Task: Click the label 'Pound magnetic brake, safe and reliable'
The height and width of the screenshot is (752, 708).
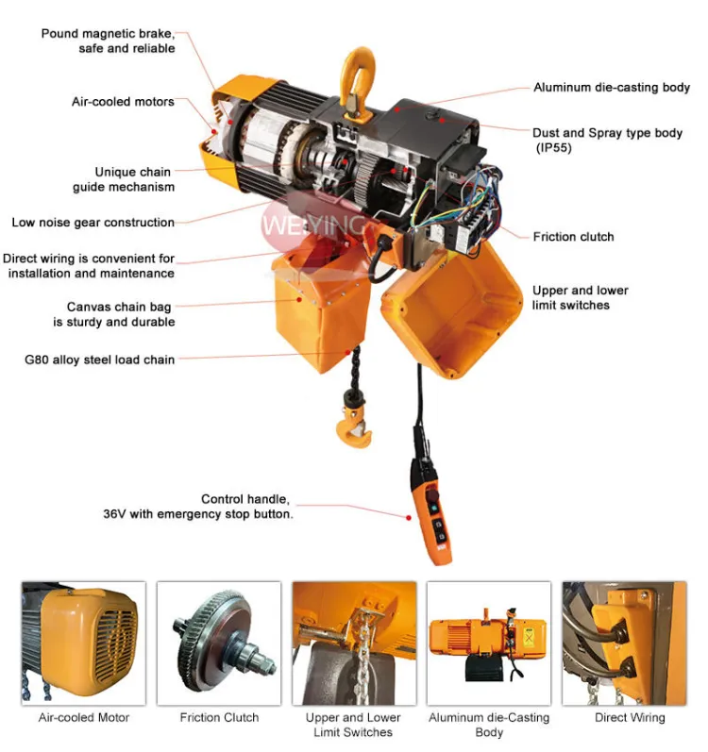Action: point(108,41)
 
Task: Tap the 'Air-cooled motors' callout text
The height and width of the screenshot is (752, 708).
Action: point(123,102)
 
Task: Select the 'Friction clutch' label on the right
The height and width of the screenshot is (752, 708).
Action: point(573,237)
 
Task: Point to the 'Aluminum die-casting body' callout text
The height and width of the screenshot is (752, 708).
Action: point(612,88)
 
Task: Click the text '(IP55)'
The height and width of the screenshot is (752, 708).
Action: point(553,148)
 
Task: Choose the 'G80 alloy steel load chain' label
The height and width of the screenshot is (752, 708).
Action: point(100,359)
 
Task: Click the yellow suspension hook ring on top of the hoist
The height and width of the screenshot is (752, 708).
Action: point(358,79)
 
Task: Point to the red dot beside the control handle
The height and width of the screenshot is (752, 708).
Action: point(408,518)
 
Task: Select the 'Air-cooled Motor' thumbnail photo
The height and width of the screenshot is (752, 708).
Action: point(83,643)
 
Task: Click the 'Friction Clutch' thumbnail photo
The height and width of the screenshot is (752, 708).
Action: point(219,643)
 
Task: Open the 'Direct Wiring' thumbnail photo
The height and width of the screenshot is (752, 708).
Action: point(625,643)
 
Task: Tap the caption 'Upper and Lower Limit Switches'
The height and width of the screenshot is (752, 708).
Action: point(353,725)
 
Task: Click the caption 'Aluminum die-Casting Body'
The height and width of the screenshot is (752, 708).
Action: point(489,725)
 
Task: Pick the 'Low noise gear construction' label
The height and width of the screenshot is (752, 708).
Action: point(93,223)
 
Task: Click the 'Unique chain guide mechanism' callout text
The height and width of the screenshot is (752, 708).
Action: point(124,179)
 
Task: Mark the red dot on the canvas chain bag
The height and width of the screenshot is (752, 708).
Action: point(299,300)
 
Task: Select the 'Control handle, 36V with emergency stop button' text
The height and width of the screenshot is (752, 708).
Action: point(197,507)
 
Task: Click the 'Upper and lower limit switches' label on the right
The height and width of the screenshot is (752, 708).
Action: point(580,298)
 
